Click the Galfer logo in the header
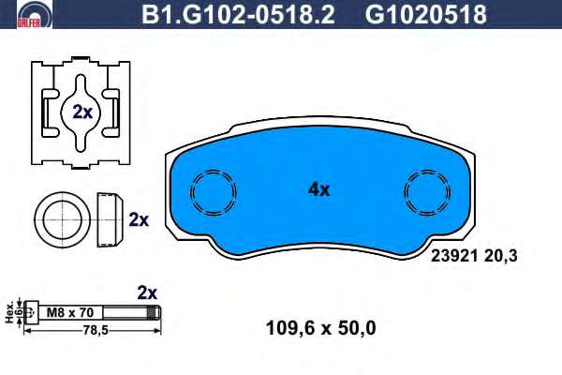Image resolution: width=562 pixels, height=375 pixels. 35,14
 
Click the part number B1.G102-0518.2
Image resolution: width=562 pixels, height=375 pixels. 238,14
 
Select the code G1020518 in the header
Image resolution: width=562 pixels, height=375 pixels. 425,14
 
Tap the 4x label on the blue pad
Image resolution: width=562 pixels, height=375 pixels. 318,189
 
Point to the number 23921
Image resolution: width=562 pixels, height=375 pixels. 454,256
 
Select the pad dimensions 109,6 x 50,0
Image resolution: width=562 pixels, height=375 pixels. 320,328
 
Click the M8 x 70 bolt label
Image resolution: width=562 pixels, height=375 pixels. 70,312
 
